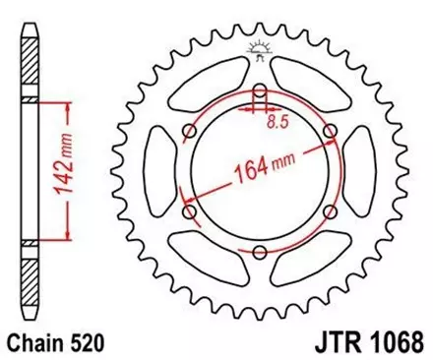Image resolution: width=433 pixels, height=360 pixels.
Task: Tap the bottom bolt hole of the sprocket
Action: click(x=259, y=253)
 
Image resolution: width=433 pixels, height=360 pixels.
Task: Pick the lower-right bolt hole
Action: click(x=328, y=213)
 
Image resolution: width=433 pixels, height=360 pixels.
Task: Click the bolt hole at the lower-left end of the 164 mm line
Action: click(x=190, y=213)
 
